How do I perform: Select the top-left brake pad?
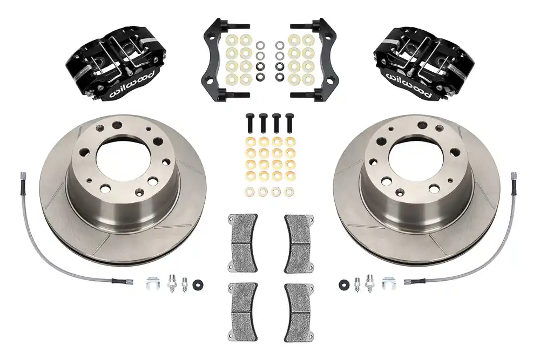tap(242, 243)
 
